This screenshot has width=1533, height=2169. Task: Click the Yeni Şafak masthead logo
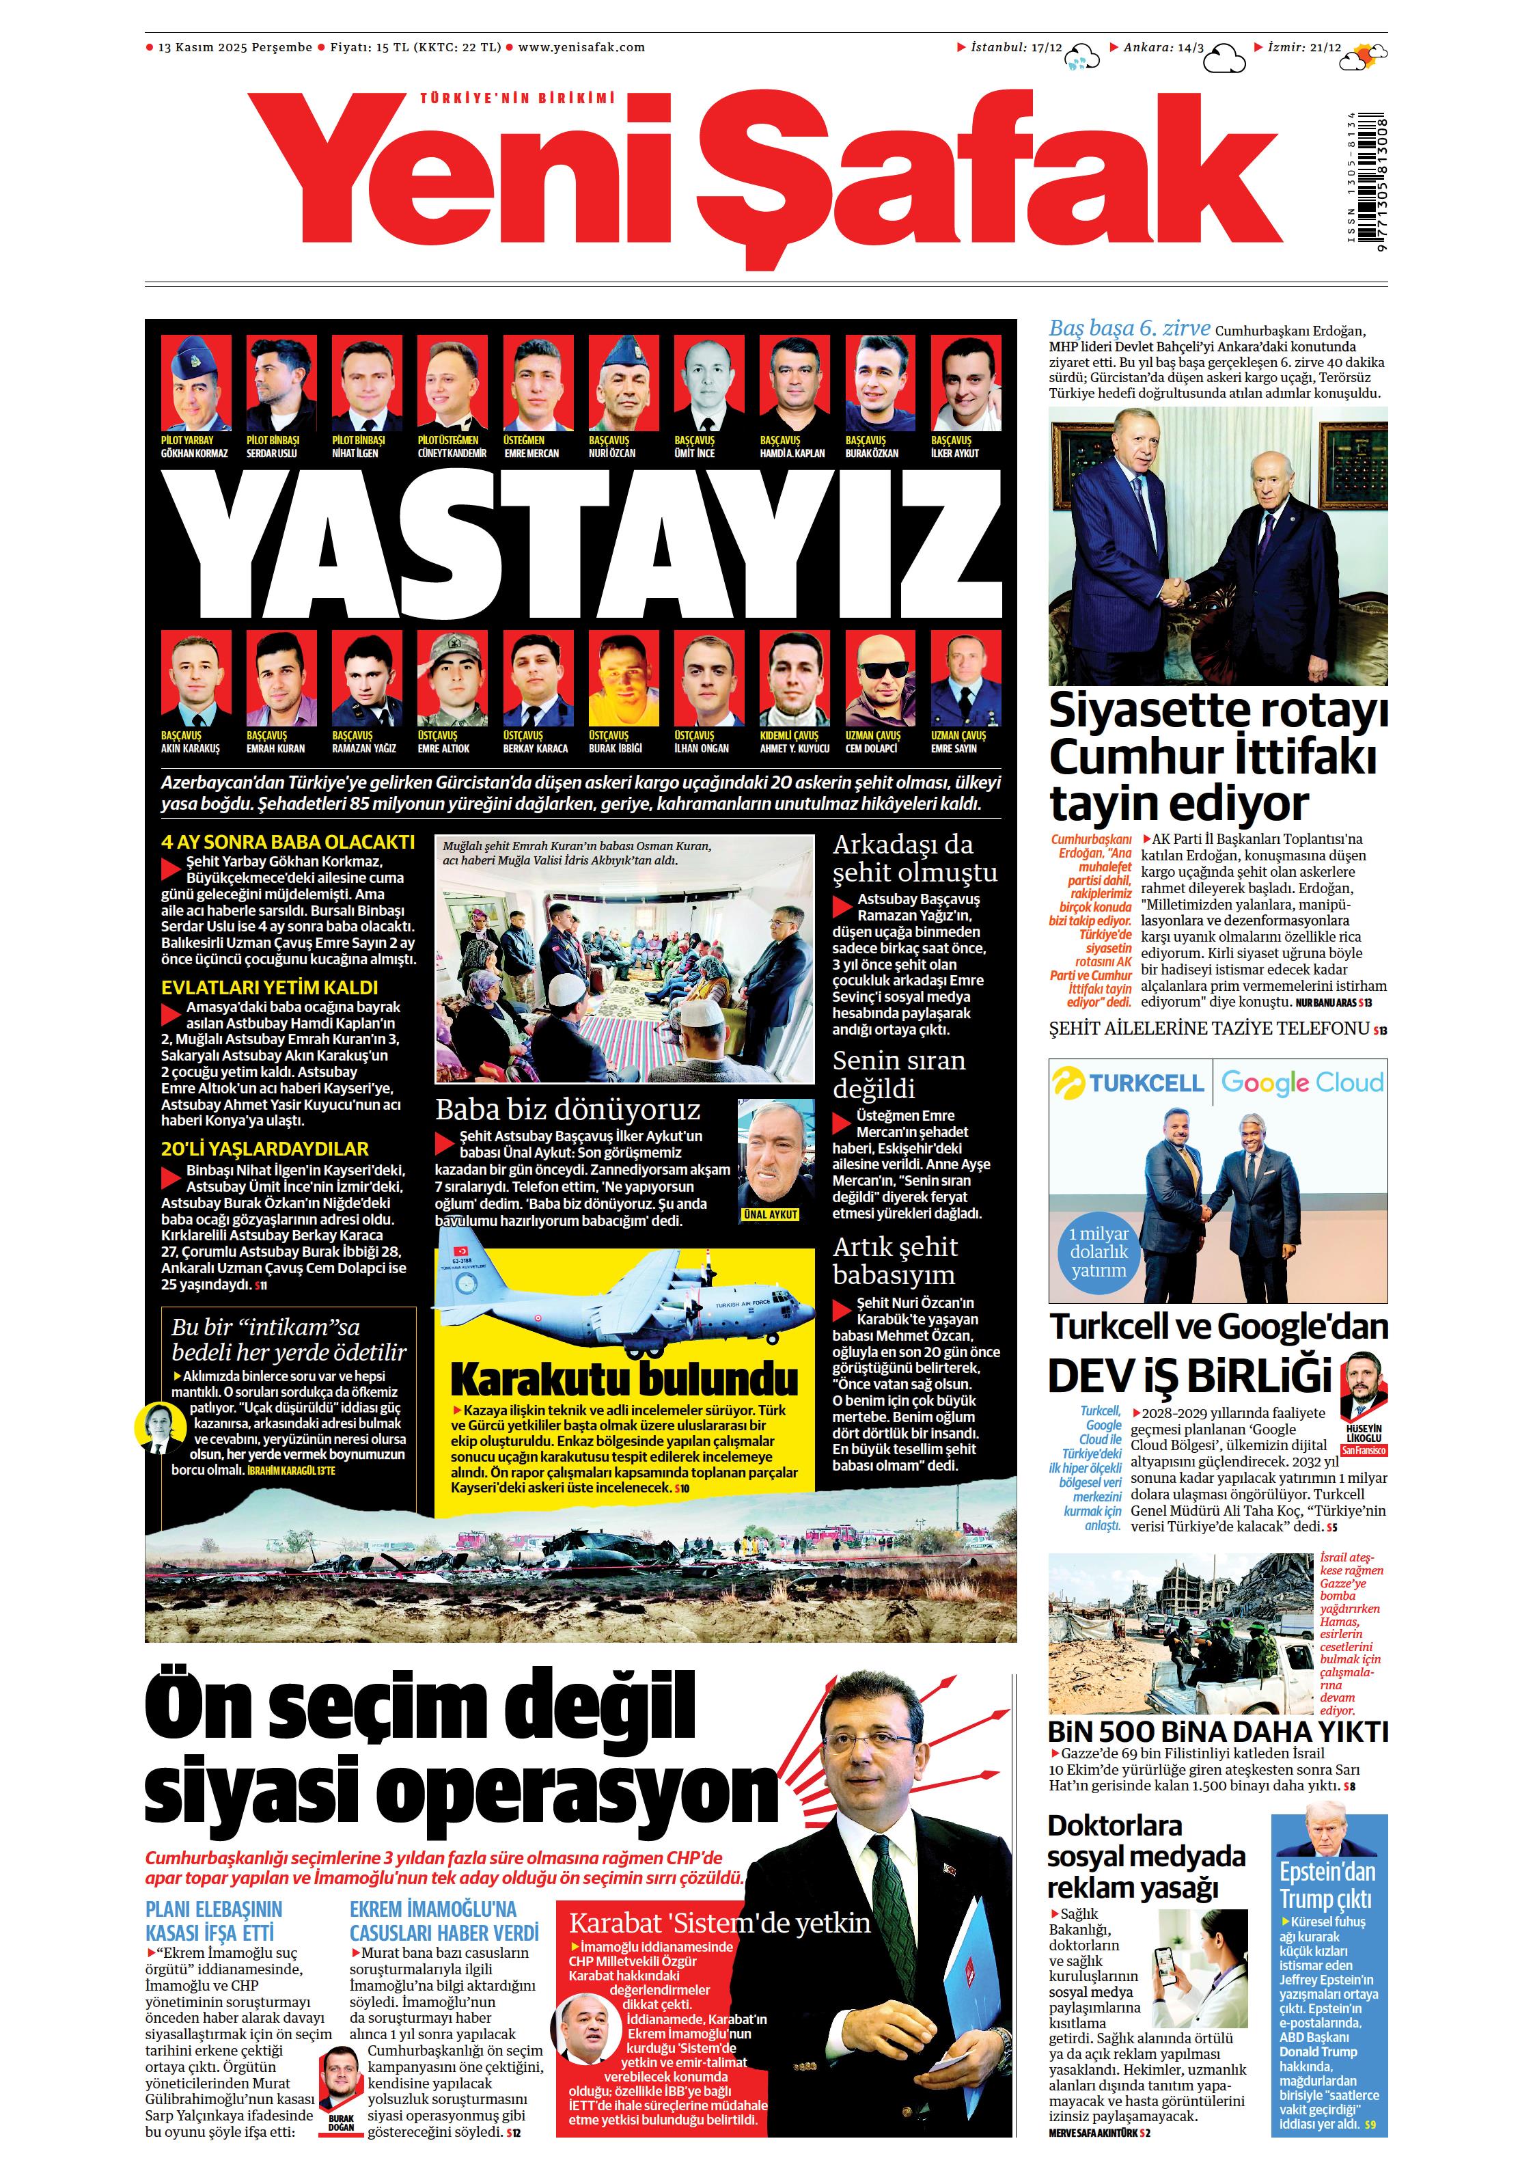click(x=765, y=180)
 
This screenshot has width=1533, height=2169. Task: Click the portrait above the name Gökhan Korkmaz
click(x=195, y=383)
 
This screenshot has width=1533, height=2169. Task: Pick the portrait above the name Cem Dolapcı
click(x=879, y=679)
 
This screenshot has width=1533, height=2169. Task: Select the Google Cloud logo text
click(x=1301, y=1082)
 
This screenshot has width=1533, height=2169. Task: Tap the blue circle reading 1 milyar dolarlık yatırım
click(x=1098, y=1252)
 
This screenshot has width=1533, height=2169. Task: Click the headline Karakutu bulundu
click(x=624, y=1380)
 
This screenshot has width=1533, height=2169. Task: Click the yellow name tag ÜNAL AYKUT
click(x=771, y=1214)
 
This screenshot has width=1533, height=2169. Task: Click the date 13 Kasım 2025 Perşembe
click(x=235, y=47)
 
